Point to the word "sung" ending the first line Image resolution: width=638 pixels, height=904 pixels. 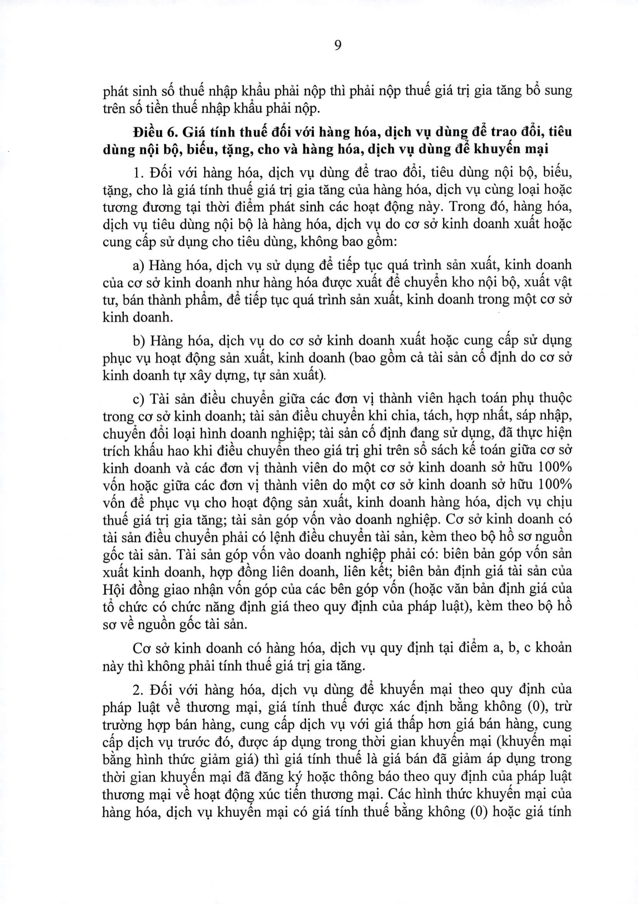click(x=557, y=91)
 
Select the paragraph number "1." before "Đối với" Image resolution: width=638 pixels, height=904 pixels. click(x=138, y=172)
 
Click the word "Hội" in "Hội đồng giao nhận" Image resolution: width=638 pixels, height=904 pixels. click(x=113, y=590)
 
